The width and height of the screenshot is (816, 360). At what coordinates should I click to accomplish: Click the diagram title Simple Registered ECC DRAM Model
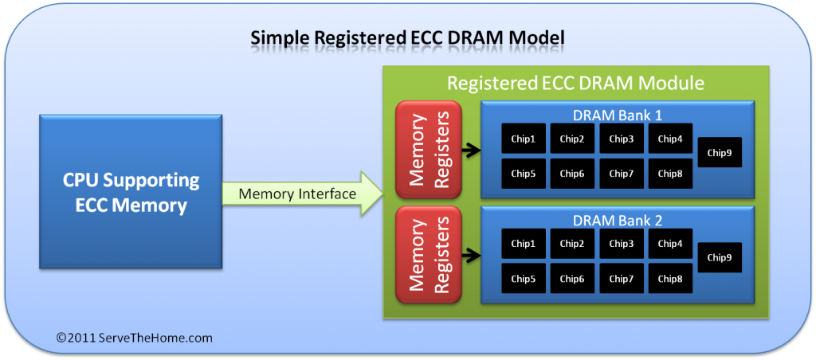(x=408, y=37)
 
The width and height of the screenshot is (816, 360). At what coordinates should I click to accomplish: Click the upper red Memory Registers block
(x=428, y=149)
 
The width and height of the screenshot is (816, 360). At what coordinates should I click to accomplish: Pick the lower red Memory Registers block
(x=428, y=254)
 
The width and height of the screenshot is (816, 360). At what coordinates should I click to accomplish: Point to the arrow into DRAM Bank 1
(x=470, y=148)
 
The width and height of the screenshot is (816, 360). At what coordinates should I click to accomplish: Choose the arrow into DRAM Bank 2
(x=470, y=256)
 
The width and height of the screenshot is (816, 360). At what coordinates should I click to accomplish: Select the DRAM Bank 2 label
(x=618, y=220)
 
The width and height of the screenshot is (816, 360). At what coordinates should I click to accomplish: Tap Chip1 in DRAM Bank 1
(x=524, y=139)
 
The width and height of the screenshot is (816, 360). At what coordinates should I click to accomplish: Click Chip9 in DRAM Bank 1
(x=720, y=152)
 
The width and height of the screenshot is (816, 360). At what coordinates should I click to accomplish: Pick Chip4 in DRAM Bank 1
(x=670, y=139)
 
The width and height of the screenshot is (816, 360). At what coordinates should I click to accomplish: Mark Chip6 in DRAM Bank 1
(x=572, y=173)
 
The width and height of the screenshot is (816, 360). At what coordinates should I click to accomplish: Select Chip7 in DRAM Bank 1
(x=622, y=173)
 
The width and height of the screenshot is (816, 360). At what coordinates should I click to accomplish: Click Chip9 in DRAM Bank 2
(x=720, y=257)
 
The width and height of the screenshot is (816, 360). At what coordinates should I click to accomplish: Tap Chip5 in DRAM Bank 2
(x=524, y=278)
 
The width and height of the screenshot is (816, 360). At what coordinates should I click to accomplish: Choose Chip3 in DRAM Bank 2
(x=622, y=243)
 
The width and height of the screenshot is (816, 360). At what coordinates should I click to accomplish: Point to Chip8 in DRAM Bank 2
(x=670, y=278)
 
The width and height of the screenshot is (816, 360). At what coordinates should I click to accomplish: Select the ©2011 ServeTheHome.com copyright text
(x=135, y=338)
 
